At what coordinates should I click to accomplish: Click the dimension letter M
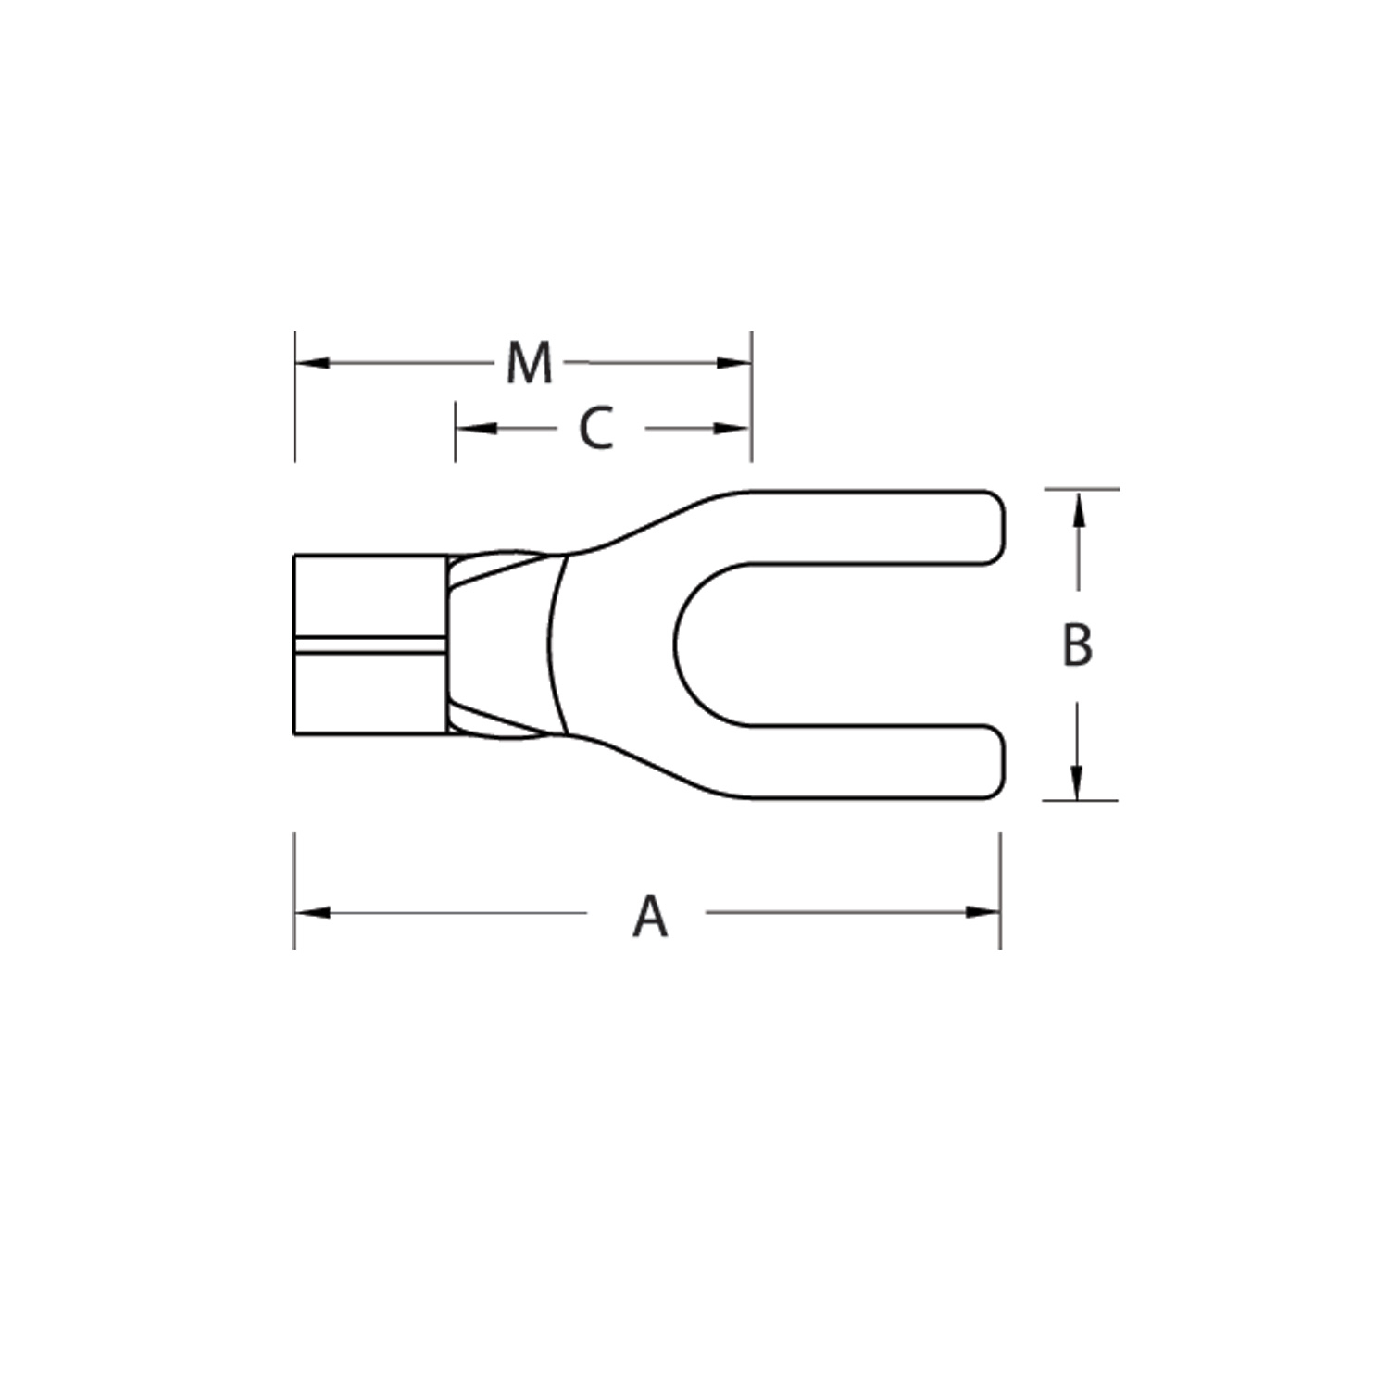pyautogui.click(x=529, y=363)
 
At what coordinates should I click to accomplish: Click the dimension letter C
pyautogui.click(x=596, y=429)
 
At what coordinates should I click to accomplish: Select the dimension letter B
pyautogui.click(x=1077, y=644)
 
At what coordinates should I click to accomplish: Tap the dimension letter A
pyautogui.click(x=650, y=916)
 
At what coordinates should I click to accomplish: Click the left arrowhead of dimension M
pyautogui.click(x=312, y=363)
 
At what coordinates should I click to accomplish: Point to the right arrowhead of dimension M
pyautogui.click(x=733, y=363)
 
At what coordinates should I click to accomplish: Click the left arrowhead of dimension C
pyautogui.click(x=473, y=429)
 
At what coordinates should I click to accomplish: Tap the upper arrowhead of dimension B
pyautogui.click(x=1078, y=508)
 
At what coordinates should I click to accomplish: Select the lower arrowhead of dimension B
pyautogui.click(x=1078, y=782)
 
